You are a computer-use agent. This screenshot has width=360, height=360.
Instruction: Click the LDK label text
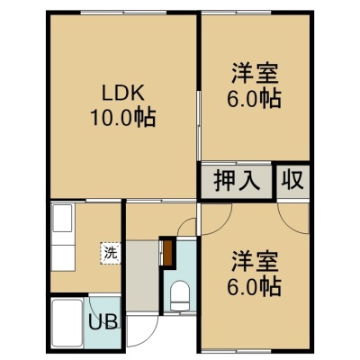(x=123, y=93)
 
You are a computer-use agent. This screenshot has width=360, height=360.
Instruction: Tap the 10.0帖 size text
(x=123, y=117)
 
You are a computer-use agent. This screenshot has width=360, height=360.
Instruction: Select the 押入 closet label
(x=237, y=181)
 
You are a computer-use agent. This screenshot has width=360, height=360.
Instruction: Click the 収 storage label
(x=292, y=181)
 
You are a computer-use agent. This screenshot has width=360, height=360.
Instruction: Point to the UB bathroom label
(x=103, y=322)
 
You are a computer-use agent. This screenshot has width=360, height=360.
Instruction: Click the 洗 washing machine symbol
(x=111, y=254)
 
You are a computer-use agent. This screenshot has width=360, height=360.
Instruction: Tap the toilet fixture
(x=180, y=295)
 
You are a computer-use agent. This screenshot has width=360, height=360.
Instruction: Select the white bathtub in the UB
(x=67, y=322)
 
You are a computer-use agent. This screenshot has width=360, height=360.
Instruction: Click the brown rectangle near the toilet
(x=167, y=253)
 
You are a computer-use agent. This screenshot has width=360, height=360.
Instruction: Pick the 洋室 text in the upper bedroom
(x=255, y=73)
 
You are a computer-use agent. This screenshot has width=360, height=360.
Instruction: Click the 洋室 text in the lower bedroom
(x=255, y=261)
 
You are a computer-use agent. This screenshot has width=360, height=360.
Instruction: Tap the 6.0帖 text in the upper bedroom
(x=254, y=98)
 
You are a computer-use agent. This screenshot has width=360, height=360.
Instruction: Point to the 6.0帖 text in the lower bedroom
(x=254, y=286)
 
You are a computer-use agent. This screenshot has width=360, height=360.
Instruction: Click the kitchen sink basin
(x=62, y=218)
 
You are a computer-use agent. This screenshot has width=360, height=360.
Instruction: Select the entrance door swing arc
(x=150, y=337)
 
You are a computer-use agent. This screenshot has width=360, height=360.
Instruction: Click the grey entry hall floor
(x=142, y=276)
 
